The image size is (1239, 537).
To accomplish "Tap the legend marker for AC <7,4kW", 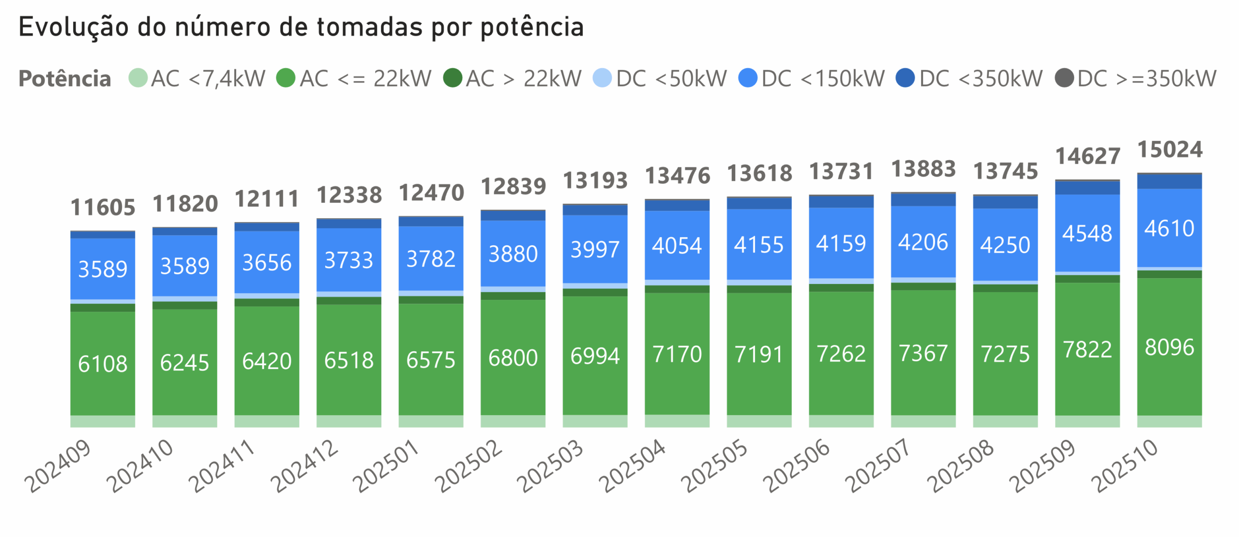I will click(138, 78).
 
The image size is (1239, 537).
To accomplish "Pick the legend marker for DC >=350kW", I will click(1064, 78).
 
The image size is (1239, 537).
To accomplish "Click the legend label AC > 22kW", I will click(523, 78).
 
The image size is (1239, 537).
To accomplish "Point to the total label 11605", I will click(103, 208).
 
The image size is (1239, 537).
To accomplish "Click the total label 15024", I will click(1169, 149).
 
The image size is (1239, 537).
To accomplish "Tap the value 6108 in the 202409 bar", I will click(103, 364).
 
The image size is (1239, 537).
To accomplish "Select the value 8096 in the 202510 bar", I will click(1169, 347).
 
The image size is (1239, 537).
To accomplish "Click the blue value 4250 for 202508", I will click(1005, 245).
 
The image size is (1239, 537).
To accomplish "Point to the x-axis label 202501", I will click(386, 465).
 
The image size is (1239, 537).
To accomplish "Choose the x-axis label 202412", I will click(304, 465).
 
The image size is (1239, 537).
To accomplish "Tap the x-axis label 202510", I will click(1125, 465).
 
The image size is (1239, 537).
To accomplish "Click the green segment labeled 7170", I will click(677, 354).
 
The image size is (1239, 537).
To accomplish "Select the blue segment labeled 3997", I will click(595, 250).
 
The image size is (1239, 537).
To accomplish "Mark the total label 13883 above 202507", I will click(923, 169).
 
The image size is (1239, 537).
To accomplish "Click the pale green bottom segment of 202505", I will click(759, 421).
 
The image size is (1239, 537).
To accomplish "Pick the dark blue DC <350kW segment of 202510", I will click(1169, 181).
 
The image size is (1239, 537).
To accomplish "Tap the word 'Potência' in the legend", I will click(65, 78).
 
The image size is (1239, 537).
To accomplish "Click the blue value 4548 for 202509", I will click(1087, 233).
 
